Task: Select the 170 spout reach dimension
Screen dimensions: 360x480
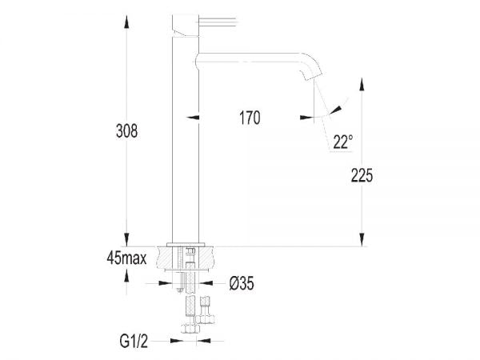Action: pyautogui.click(x=249, y=118)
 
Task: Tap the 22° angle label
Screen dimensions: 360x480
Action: pyautogui.click(x=342, y=142)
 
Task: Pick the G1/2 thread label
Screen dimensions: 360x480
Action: pyautogui.click(x=130, y=339)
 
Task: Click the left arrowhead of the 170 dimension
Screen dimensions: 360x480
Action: pyautogui.click(x=192, y=118)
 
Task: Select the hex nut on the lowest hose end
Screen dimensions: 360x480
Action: pyautogui.click(x=191, y=327)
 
